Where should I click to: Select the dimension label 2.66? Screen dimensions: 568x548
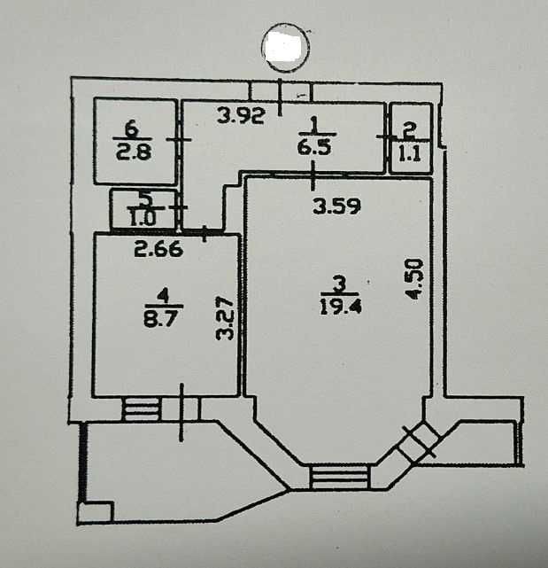pos(158,250)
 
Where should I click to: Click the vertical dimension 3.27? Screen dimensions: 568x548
pos(227,319)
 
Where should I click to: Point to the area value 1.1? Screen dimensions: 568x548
pos(410,152)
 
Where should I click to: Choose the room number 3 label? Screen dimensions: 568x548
pos(338,285)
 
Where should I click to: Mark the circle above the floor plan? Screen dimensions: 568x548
pos(288,45)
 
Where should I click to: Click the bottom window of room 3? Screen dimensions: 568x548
pos(339,476)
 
